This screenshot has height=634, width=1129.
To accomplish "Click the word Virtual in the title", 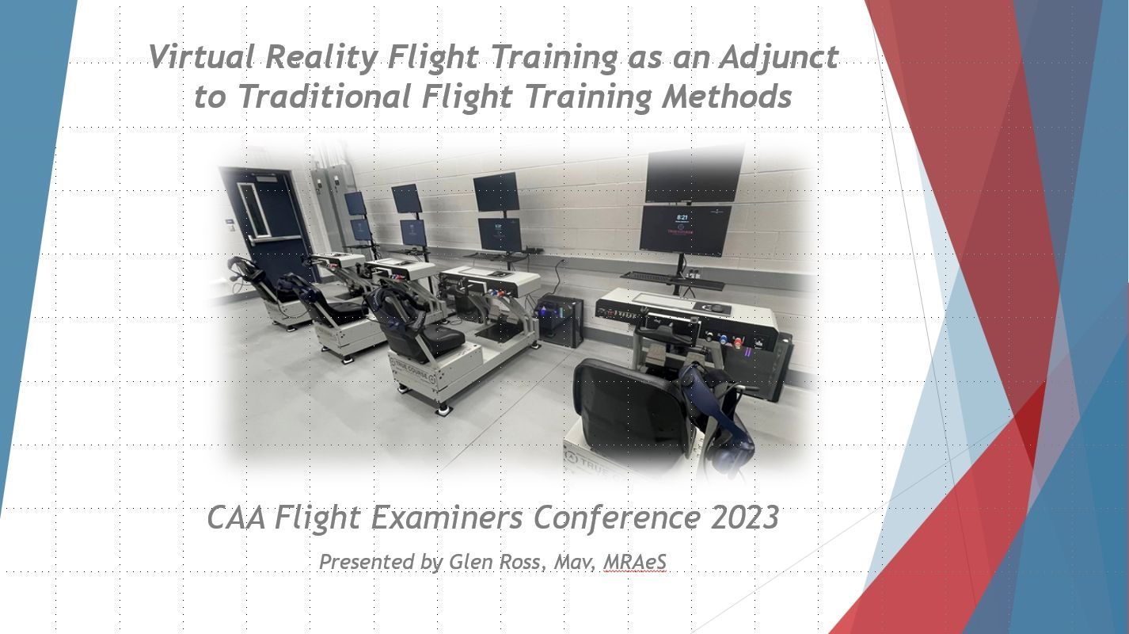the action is coord(202,56).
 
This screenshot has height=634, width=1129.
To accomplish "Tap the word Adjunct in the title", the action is coord(779,58).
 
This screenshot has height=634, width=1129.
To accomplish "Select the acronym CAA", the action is coord(237,518).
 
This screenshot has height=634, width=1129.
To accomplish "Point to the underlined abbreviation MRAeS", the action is coord(634,562).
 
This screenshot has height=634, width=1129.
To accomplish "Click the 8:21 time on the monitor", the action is coord(682,217).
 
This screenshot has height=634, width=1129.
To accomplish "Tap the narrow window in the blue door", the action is coord(254,210).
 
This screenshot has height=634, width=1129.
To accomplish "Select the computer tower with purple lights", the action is coord(560,323).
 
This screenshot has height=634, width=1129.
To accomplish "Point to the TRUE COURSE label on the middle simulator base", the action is coord(414,376).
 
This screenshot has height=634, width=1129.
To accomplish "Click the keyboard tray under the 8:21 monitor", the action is coord(673,281).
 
